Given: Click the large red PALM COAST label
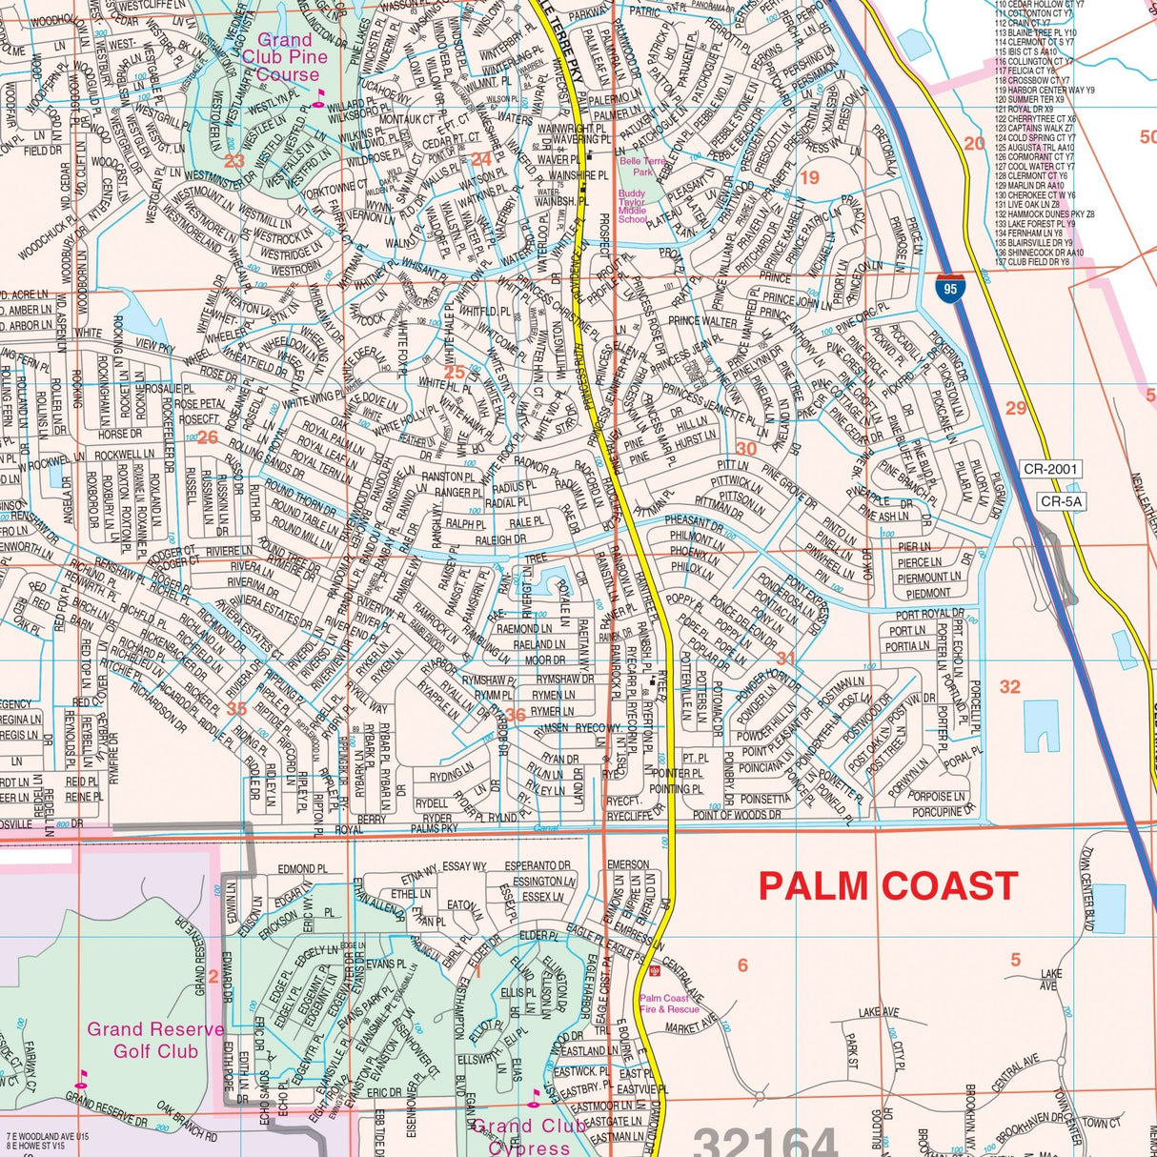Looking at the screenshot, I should click(888, 886).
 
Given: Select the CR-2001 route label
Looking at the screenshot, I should click(1049, 469).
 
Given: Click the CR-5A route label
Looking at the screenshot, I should click(1062, 501).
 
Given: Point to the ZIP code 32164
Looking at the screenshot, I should click(764, 1142).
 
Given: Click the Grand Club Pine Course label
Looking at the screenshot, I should click(284, 57).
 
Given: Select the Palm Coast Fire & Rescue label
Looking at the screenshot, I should click(669, 1004).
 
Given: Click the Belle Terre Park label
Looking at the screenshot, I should click(642, 167).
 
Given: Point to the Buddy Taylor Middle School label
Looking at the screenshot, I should click(632, 206).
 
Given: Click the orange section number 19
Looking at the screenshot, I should click(809, 178).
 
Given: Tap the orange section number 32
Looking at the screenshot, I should click(1009, 686).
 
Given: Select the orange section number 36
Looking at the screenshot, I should click(515, 715).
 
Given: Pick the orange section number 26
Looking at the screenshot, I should click(207, 438).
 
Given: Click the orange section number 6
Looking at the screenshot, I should click(742, 965).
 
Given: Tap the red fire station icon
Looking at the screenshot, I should click(655, 971).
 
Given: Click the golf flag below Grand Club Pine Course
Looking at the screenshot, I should click(319, 94).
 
